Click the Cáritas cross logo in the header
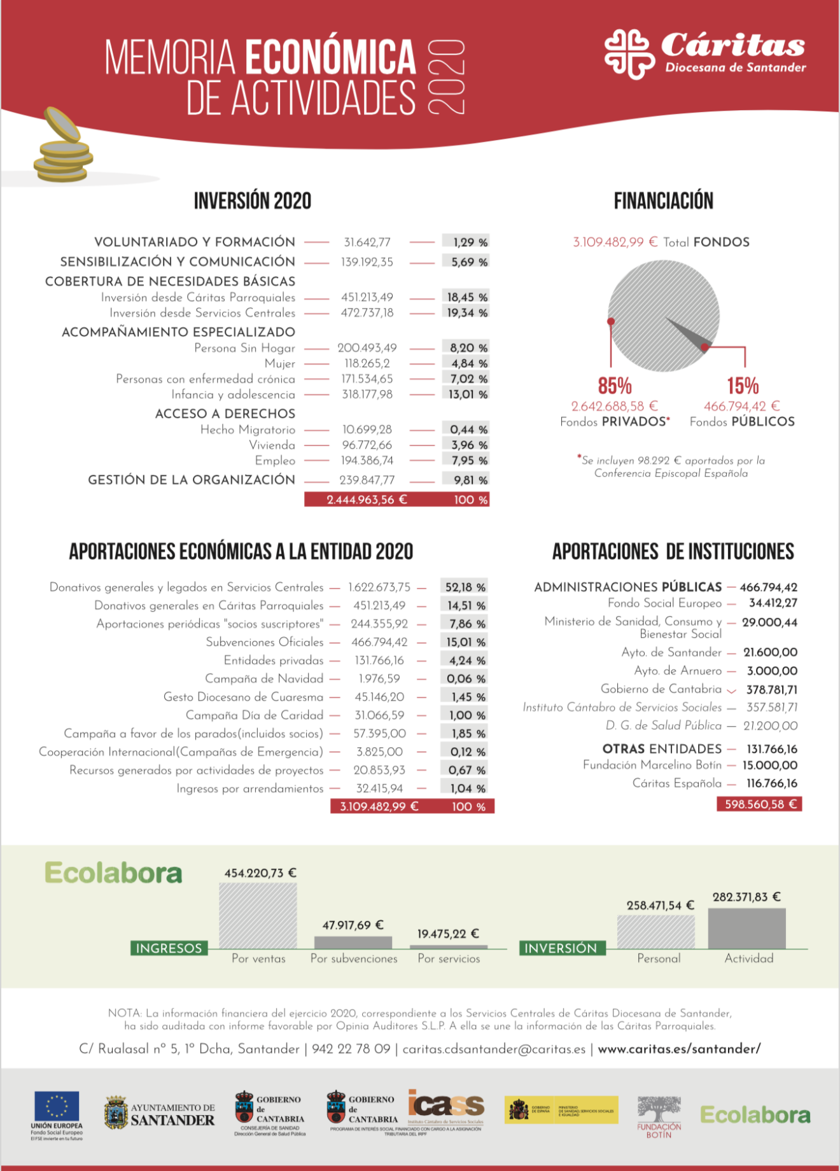click(629, 53)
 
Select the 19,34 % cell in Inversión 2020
click(466, 313)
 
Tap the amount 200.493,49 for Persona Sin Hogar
click(367, 348)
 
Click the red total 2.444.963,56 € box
click(367, 500)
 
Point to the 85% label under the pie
click(615, 386)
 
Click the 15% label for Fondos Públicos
click(743, 386)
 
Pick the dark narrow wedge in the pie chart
click(686, 332)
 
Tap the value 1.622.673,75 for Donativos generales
click(379, 587)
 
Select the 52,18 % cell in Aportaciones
click(465, 587)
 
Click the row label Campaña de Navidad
click(264, 679)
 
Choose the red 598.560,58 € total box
click(760, 804)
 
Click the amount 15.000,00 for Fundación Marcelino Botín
click(769, 766)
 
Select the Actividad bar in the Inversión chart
click(746, 929)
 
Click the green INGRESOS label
click(169, 948)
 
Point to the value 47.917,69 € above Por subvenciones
click(353, 925)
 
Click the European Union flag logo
click(57, 1106)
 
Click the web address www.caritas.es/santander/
click(679, 1049)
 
